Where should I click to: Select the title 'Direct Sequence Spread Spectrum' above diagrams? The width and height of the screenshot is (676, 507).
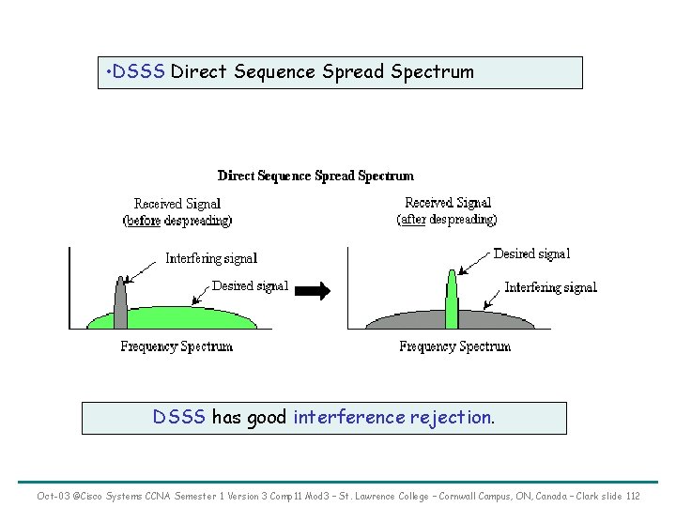click(x=315, y=176)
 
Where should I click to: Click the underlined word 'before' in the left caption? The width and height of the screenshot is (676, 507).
click(x=144, y=221)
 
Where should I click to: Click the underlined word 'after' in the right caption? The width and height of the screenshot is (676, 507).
click(x=413, y=219)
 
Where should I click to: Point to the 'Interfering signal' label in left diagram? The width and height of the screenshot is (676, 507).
click(x=211, y=258)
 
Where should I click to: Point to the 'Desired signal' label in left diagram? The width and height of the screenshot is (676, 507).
click(x=250, y=286)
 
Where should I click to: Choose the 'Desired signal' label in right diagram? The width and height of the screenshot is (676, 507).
click(x=531, y=253)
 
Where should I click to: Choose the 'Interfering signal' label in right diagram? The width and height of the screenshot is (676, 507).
click(x=550, y=287)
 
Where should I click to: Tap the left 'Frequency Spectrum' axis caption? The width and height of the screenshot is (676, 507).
click(x=177, y=347)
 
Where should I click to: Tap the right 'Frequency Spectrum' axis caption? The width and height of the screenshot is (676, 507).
click(x=454, y=347)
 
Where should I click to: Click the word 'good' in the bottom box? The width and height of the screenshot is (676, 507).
click(x=268, y=418)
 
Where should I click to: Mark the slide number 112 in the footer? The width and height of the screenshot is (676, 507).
click(x=633, y=495)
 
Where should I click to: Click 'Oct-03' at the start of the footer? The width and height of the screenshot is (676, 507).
click(x=52, y=495)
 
